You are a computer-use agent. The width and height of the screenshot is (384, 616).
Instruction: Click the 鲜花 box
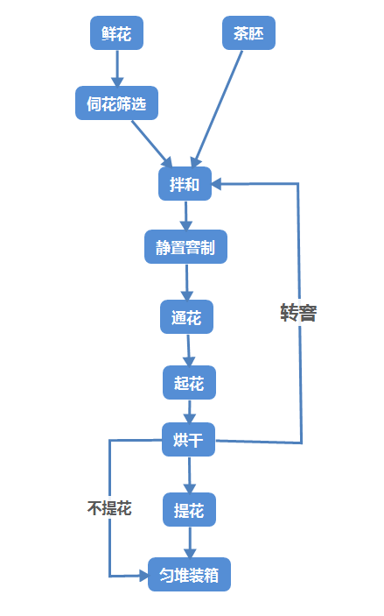coord(116,33)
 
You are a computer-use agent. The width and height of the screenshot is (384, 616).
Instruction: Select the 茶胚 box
coord(248,33)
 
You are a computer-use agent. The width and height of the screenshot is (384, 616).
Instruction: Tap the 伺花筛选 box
coord(116,103)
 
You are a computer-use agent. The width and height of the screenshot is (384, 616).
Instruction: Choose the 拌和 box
coord(185,184)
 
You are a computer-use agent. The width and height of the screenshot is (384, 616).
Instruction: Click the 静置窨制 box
coord(185,247)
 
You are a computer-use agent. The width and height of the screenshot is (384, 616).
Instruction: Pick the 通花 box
coord(186,317)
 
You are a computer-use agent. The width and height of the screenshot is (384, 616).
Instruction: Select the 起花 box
coord(189,383)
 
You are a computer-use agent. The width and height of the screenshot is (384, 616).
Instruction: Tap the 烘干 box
coord(189,440)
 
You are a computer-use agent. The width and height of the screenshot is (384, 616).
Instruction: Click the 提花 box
coord(189,509)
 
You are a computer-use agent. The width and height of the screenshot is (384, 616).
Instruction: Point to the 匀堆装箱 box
coord(189,575)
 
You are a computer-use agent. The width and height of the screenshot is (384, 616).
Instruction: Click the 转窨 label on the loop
coord(298,313)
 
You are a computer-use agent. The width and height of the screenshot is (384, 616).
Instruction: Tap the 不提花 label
coord(109,508)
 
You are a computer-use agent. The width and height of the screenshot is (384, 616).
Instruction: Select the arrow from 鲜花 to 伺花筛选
coord(116,67)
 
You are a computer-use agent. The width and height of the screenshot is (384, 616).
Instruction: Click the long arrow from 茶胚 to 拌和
coord(219,105)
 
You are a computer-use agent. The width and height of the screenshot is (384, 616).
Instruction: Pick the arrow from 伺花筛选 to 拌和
coord(152,143)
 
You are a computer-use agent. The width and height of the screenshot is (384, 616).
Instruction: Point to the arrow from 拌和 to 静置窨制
coord(185,216)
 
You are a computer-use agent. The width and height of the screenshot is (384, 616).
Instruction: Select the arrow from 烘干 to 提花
coord(189,474)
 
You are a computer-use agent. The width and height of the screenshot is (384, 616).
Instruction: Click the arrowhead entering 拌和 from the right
coord(219,184)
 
